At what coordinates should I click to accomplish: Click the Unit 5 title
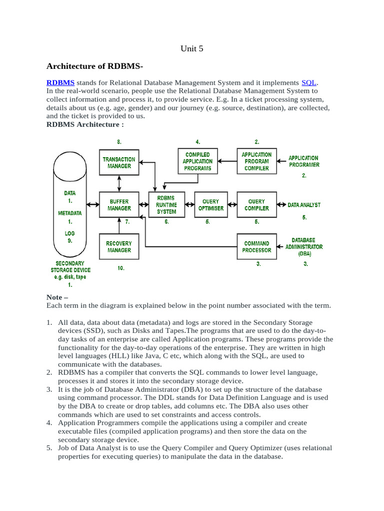(191, 48)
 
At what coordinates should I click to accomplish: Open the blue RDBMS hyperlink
(60, 82)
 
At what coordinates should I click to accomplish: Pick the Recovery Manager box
(119, 247)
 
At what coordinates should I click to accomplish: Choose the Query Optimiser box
(211, 205)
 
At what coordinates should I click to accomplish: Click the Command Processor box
(256, 247)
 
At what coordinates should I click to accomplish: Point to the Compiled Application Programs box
(197, 161)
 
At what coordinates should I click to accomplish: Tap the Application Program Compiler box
(256, 161)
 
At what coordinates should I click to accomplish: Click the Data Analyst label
(304, 205)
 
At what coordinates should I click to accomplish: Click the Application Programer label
(304, 161)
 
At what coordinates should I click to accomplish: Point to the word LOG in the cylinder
(69, 233)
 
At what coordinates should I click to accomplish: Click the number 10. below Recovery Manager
(120, 268)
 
